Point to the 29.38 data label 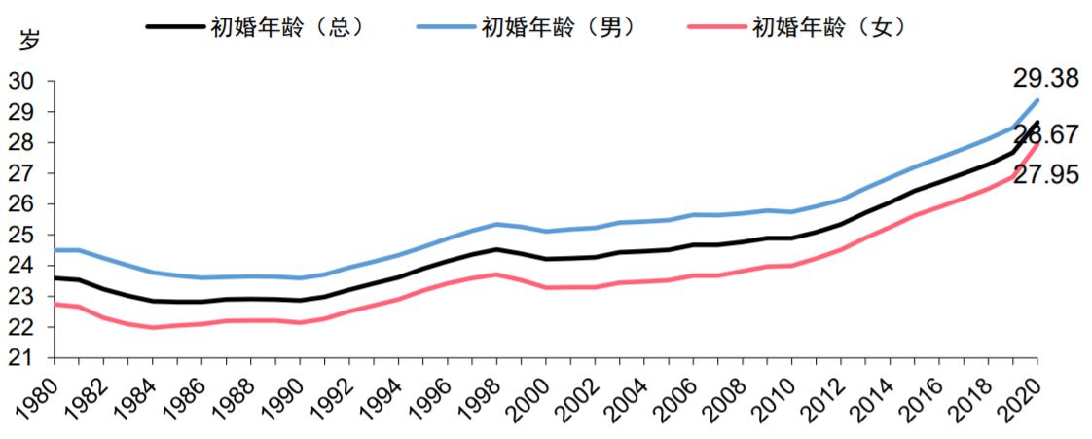(x=1045, y=79)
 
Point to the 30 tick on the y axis (x=21, y=82)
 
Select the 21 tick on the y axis (x=21, y=358)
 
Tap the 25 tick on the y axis (x=21, y=236)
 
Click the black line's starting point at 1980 (x=55, y=278)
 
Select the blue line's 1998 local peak (x=496, y=225)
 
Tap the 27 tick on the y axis (x=21, y=174)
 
